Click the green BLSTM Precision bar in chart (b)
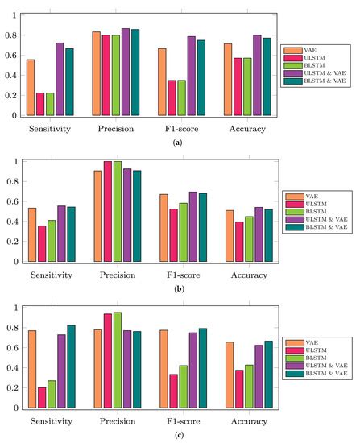pyautogui.click(x=116, y=211)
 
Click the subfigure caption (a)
pyautogui.click(x=151, y=143)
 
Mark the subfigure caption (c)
pyautogui.click(x=151, y=437)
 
